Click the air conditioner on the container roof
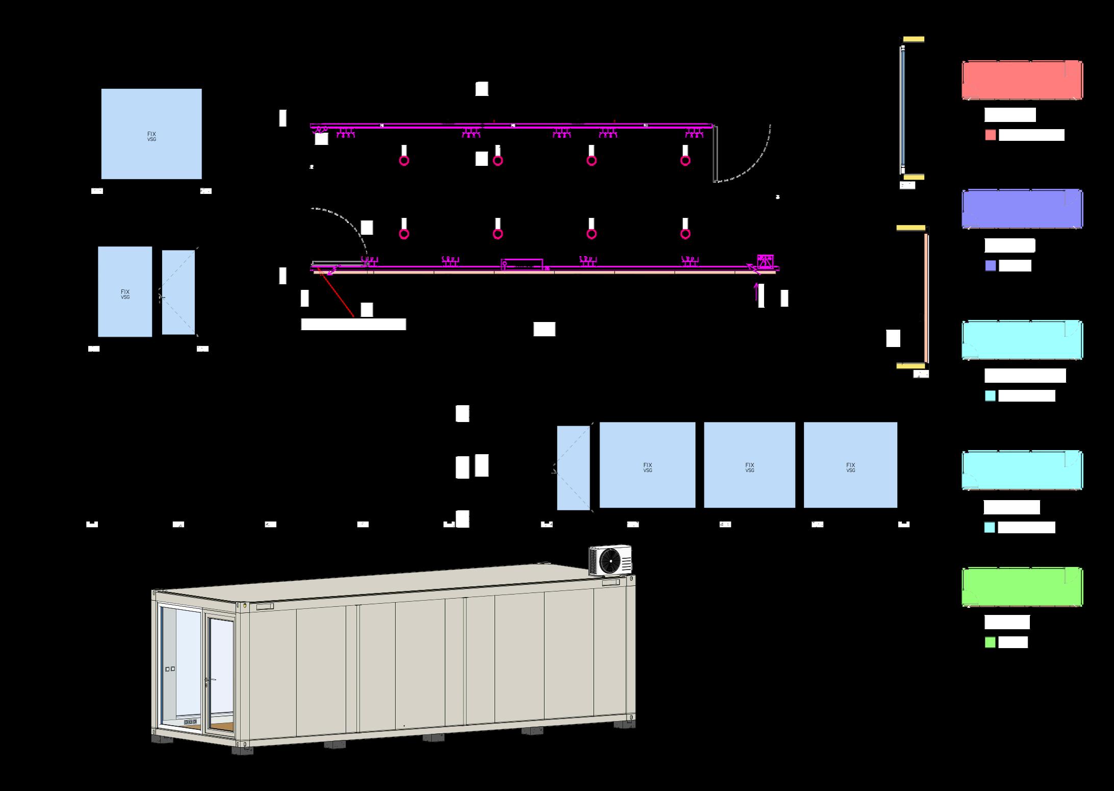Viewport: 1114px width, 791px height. [x=610, y=560]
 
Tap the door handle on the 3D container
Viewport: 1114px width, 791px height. [x=207, y=680]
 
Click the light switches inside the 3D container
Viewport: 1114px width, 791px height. [x=170, y=669]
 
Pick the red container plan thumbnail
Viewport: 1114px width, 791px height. [x=1022, y=80]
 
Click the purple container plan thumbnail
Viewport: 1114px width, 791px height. [x=1022, y=209]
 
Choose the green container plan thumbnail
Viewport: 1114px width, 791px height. [x=1022, y=587]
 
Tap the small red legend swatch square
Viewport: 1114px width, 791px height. [x=991, y=135]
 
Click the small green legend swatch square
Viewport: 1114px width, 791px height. [x=990, y=642]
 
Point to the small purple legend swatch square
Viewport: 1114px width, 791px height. [x=991, y=266]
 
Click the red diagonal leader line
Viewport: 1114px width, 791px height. [x=336, y=293]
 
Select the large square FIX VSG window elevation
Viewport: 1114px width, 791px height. [x=151, y=134]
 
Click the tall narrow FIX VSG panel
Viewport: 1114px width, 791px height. [x=125, y=292]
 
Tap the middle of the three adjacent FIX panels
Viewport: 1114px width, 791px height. [x=749, y=465]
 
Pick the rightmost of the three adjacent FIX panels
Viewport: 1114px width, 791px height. [x=850, y=465]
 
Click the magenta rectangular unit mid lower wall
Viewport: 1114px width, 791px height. [x=522, y=264]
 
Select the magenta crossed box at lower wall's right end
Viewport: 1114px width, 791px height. [x=766, y=261]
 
